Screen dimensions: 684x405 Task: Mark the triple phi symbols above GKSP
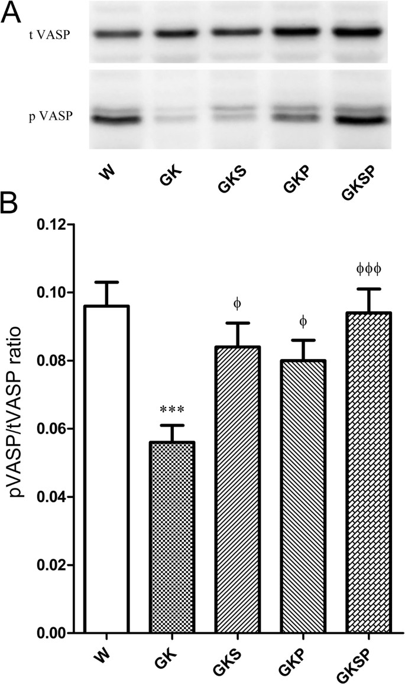[369, 269]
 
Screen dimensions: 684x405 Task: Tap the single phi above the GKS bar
[237, 304]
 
